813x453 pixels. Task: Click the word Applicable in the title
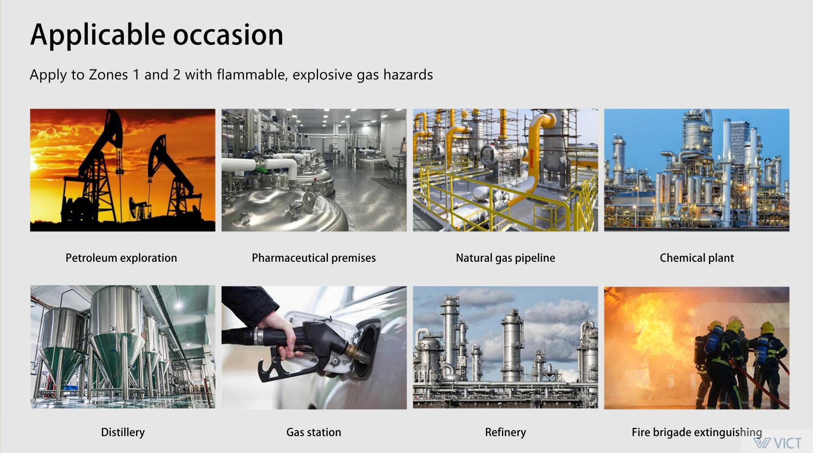click(97, 35)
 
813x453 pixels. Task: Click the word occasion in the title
click(228, 35)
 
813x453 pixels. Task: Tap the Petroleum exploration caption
click(121, 258)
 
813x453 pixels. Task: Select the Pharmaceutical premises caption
click(313, 258)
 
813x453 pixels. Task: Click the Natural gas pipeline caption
click(505, 258)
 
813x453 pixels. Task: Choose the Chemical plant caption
click(696, 258)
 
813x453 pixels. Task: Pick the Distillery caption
click(122, 432)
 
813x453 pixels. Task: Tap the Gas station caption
click(313, 432)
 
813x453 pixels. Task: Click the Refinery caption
click(505, 432)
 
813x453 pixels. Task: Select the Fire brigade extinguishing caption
click(697, 432)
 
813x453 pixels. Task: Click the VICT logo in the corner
click(777, 443)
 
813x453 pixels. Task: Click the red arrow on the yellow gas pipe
click(532, 157)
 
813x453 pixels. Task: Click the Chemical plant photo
click(696, 170)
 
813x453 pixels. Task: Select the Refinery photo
click(505, 347)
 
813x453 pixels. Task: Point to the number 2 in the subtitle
click(176, 74)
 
